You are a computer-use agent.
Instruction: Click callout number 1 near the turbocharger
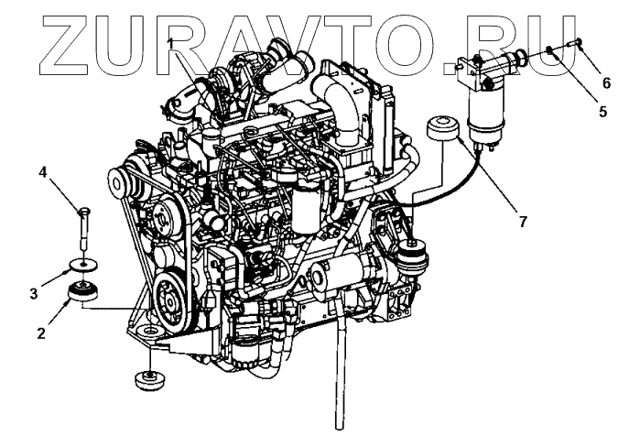coord(171,43)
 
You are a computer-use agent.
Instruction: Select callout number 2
coord(41,333)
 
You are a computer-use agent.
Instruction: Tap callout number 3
coord(34,293)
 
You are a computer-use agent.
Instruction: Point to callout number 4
coord(43,171)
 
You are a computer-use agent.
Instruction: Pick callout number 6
coord(604,82)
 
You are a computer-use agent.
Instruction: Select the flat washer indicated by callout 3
coord(84,267)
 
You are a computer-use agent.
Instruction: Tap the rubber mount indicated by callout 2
coord(85,294)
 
